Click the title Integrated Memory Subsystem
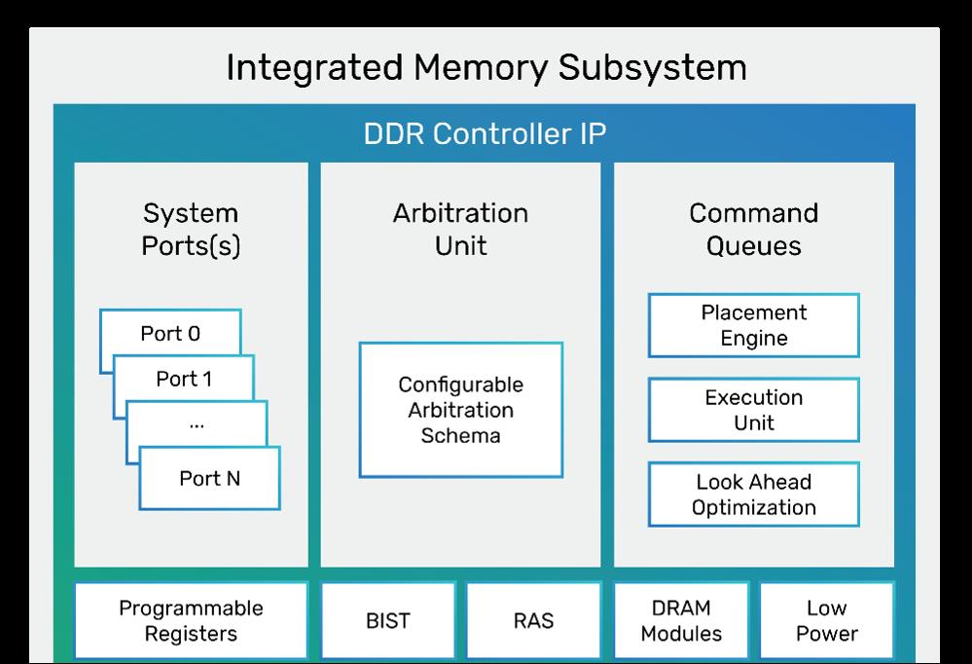click(486, 67)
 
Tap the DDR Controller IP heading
click(485, 133)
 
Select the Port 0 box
click(170, 333)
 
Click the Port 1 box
click(184, 378)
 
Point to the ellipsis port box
click(197, 424)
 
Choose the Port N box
click(209, 478)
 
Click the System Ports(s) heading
click(191, 230)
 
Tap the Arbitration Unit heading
click(460, 230)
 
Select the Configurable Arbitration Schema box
click(460, 410)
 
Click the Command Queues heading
click(754, 230)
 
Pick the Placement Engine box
click(754, 325)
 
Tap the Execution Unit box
click(754, 410)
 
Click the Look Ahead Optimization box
click(754, 494)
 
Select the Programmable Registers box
click(191, 620)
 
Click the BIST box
click(388, 620)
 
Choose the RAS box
click(534, 620)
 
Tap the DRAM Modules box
click(681, 620)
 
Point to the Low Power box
click(827, 620)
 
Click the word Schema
click(460, 435)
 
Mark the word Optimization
click(754, 507)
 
